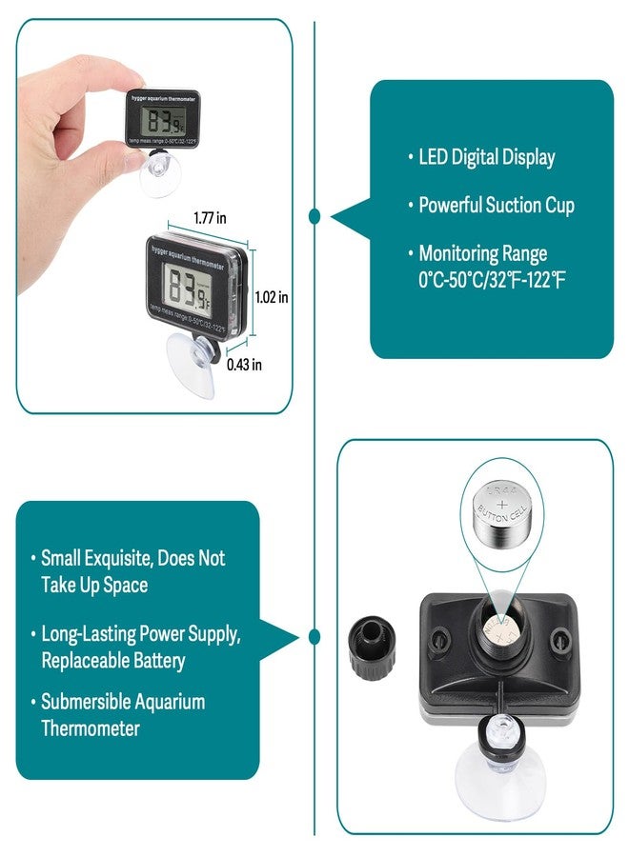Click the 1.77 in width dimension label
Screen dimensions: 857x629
coord(208,218)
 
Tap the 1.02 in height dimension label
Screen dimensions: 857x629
coord(272,297)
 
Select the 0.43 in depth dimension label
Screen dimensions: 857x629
coord(244,363)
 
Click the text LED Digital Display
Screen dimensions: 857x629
coord(486,157)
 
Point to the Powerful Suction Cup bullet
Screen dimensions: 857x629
coord(497,205)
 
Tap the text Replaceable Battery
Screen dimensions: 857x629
coord(113,660)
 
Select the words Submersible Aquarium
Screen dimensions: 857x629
coord(123,702)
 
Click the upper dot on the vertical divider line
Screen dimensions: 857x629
coord(314,217)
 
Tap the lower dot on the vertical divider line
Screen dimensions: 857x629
coord(314,635)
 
